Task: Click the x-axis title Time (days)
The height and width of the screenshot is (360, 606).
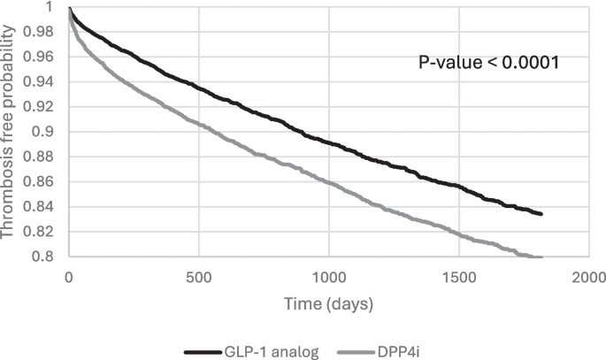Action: tap(328, 303)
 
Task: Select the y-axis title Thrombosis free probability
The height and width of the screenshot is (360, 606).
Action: tap(11, 133)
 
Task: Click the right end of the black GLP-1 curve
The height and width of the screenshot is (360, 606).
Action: tap(541, 214)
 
